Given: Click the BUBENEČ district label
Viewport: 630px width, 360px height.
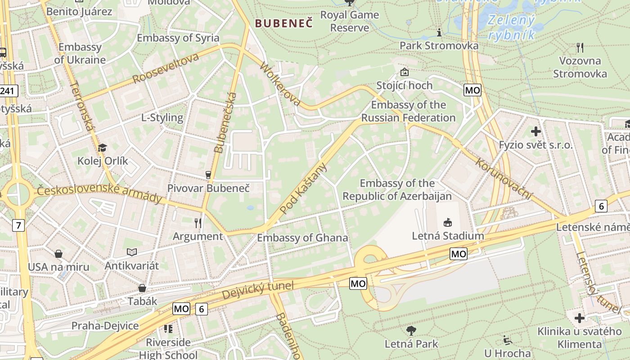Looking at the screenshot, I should click(x=283, y=23).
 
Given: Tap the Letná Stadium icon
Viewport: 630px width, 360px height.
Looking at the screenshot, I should click(x=448, y=222).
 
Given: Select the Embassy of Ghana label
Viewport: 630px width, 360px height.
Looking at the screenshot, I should click(x=302, y=238).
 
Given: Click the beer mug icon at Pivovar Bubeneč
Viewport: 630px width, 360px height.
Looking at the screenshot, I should click(x=208, y=175).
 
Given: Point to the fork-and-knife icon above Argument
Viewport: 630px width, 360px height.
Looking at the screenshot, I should click(x=198, y=223).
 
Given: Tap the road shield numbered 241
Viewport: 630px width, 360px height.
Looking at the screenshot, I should click(x=8, y=91).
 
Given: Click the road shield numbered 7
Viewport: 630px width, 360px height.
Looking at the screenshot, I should click(x=18, y=225).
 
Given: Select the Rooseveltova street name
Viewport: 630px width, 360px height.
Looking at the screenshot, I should click(x=166, y=68).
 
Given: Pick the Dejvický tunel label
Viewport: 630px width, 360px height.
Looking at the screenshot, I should click(x=257, y=290).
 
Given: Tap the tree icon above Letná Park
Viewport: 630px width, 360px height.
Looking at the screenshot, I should click(x=411, y=331).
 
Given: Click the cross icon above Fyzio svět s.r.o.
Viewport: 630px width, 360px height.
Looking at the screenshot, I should click(x=535, y=131).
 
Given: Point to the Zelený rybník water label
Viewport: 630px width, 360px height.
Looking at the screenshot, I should click(x=512, y=27).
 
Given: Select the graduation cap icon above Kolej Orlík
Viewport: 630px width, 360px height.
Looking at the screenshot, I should click(x=103, y=148).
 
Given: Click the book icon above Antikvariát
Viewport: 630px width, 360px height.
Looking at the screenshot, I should click(x=132, y=252).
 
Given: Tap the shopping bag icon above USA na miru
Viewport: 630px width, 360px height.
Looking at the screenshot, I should click(x=58, y=254).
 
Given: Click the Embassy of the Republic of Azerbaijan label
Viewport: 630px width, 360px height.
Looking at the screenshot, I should click(x=397, y=190).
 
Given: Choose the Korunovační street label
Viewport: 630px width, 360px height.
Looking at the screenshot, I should click(x=504, y=179).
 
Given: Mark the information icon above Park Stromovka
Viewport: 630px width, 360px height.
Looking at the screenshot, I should click(x=439, y=32).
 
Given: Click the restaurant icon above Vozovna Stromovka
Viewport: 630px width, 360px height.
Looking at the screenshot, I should click(x=580, y=47).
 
